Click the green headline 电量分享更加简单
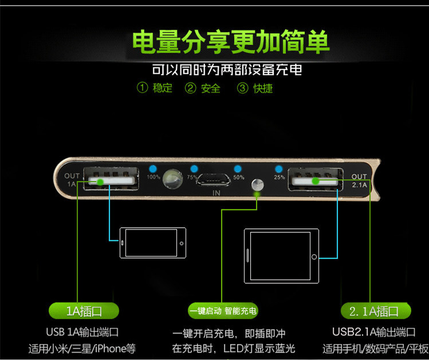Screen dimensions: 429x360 230,42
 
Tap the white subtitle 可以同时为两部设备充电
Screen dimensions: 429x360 226,70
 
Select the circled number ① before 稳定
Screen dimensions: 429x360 142,88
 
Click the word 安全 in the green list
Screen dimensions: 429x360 211,88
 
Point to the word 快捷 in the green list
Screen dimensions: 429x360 263,88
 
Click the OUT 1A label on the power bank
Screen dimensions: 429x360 72,180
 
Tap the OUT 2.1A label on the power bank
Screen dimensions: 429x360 360,180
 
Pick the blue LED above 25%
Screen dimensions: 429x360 279,169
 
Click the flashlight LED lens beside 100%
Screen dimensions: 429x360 171,179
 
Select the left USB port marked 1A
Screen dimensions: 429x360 111,180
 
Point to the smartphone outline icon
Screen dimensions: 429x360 153,242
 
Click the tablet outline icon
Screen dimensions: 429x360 281,255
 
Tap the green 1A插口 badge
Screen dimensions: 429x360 84,311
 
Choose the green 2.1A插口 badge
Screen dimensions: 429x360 373,311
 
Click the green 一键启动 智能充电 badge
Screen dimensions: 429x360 223,311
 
